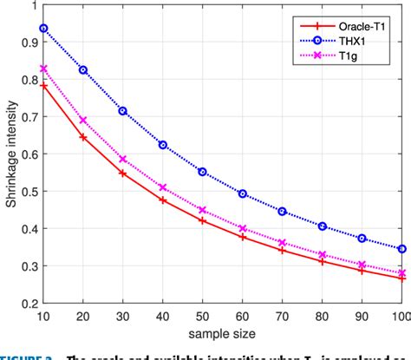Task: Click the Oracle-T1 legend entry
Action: (348, 26)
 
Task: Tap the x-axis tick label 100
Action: (399, 319)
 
